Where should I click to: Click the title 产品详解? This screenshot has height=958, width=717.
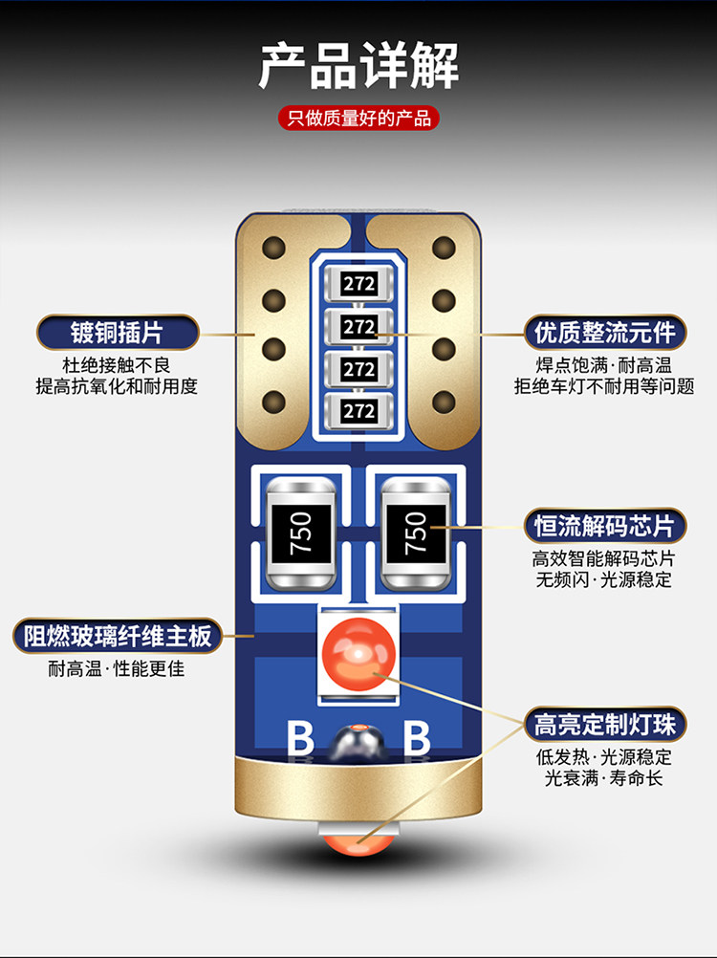pyautogui.click(x=358, y=65)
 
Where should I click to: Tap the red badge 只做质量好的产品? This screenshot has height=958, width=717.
pyautogui.click(x=358, y=118)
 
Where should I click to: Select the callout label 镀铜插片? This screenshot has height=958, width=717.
pyautogui.click(x=118, y=333)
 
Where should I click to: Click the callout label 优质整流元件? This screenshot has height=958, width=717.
pyautogui.click(x=605, y=333)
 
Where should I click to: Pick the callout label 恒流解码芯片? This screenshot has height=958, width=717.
pyautogui.click(x=605, y=526)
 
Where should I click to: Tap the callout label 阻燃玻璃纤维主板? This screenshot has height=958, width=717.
pyautogui.click(x=118, y=636)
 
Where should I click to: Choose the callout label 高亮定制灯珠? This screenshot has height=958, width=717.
pyautogui.click(x=605, y=725)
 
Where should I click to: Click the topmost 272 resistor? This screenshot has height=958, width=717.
pyautogui.click(x=358, y=284)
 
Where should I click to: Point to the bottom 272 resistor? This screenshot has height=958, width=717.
pyautogui.click(x=358, y=410)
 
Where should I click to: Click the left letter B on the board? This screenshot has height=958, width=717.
pyautogui.click(x=300, y=739)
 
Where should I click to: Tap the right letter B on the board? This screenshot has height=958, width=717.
pyautogui.click(x=417, y=739)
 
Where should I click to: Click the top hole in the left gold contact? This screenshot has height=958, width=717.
pyautogui.click(x=273, y=248)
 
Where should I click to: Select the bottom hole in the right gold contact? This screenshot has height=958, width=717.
pyautogui.click(x=444, y=402)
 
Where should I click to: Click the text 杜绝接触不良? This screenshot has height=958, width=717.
pyautogui.click(x=117, y=365)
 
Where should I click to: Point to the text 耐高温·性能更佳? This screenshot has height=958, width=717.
pyautogui.click(x=117, y=668)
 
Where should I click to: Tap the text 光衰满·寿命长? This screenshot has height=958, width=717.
pyautogui.click(x=604, y=777)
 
